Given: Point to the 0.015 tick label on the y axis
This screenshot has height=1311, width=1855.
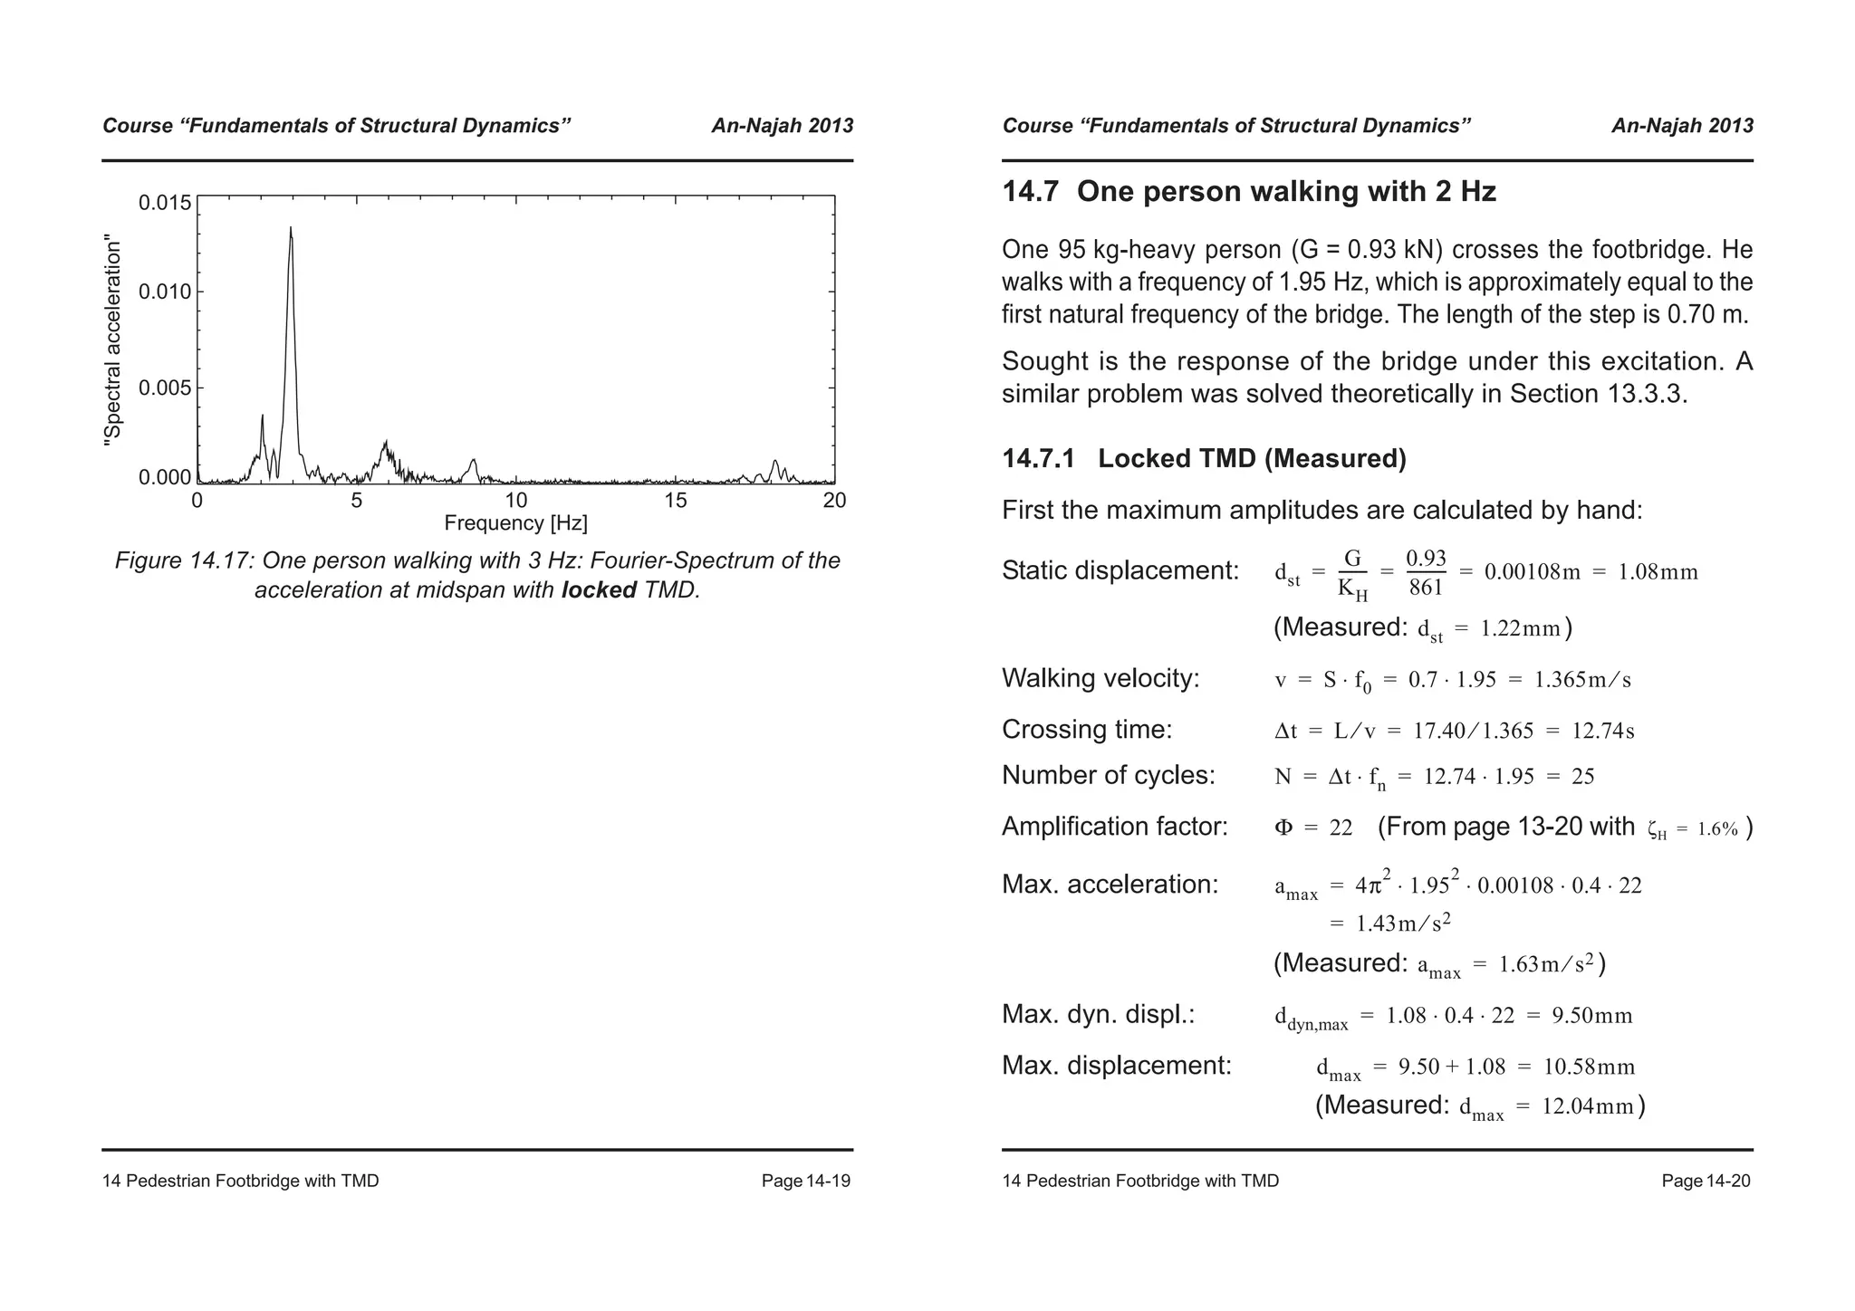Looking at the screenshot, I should click(165, 203).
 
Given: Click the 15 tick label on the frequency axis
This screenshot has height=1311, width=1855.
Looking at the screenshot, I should click(675, 501).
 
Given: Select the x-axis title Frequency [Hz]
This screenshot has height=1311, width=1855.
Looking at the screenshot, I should click(515, 523).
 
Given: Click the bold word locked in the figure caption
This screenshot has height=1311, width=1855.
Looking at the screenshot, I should click(599, 590).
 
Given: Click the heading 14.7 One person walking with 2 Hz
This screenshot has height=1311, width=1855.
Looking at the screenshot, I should click(1249, 192).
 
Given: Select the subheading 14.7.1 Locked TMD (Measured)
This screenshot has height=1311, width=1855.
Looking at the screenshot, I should click(1204, 459).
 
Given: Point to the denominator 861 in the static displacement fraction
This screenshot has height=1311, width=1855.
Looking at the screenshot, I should click(1426, 589).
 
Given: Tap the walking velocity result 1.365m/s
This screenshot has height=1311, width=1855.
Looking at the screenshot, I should click(1582, 680).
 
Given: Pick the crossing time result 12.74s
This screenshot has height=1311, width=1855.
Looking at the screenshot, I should click(1602, 731).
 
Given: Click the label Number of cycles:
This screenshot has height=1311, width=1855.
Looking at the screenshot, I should click(1109, 776).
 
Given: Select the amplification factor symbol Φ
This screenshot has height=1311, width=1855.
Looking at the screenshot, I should click(1283, 828).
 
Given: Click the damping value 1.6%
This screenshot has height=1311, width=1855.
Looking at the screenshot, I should click(1717, 829).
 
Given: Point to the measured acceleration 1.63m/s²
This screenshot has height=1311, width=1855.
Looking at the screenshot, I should click(1546, 964).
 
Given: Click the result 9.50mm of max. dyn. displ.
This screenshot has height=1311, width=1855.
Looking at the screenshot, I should click(1591, 1016).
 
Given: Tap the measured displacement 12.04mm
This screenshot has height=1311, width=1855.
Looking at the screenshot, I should click(1587, 1106).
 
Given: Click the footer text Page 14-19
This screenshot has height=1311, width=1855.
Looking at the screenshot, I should click(805, 1181).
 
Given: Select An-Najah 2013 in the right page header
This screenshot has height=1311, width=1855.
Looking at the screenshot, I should click(1682, 126).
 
